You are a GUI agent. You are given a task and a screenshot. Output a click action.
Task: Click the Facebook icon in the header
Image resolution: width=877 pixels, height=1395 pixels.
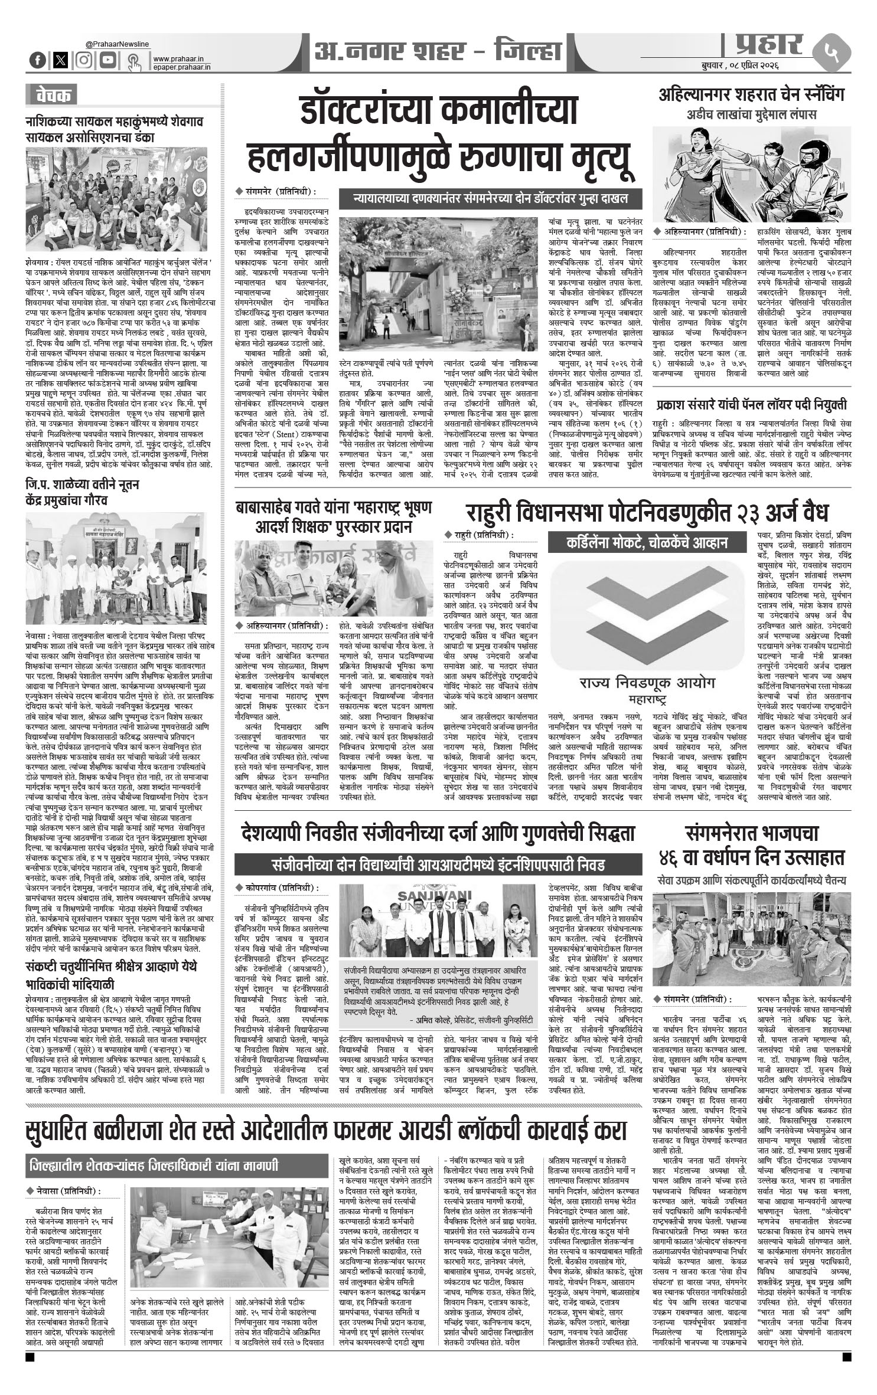point(38,60)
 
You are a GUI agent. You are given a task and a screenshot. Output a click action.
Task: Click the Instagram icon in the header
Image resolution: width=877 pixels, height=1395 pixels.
point(84,60)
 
